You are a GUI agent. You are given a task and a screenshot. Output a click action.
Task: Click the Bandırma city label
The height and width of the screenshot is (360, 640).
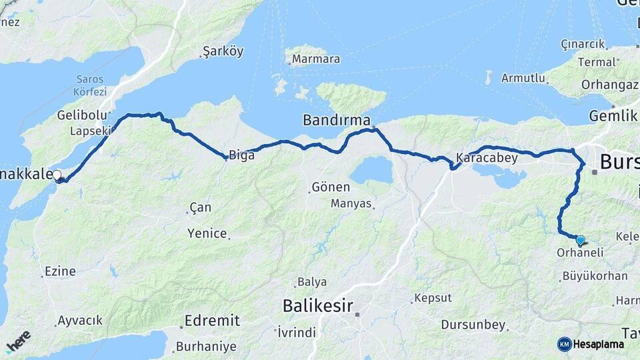point(336,121)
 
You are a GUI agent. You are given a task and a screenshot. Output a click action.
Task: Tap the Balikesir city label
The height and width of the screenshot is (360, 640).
point(316,306)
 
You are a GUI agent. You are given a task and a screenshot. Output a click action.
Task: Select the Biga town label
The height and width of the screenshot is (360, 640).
point(241,155)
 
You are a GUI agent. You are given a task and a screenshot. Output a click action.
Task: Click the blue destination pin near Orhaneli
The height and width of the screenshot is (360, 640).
point(580,241)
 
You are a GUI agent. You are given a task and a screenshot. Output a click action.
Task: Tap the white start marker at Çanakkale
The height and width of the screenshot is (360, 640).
point(57,175)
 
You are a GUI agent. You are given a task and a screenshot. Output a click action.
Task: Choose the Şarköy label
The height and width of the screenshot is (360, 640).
point(223,51)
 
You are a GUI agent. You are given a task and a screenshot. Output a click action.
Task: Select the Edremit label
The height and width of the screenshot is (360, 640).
point(211,321)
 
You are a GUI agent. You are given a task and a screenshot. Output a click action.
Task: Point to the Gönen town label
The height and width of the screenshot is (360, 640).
point(331,187)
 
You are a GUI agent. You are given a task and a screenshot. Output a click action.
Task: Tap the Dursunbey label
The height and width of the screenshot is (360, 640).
point(473,325)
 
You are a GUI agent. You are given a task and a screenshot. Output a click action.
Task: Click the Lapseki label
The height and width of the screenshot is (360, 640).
point(90,131)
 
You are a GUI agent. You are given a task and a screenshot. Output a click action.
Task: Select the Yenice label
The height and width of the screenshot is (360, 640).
point(207,233)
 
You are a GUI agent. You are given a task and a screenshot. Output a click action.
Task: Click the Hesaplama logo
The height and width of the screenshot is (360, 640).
point(591,344)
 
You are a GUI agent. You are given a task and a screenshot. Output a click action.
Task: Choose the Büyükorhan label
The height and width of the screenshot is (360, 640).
point(595,275)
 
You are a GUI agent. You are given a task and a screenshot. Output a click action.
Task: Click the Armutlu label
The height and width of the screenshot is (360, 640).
point(523,78)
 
